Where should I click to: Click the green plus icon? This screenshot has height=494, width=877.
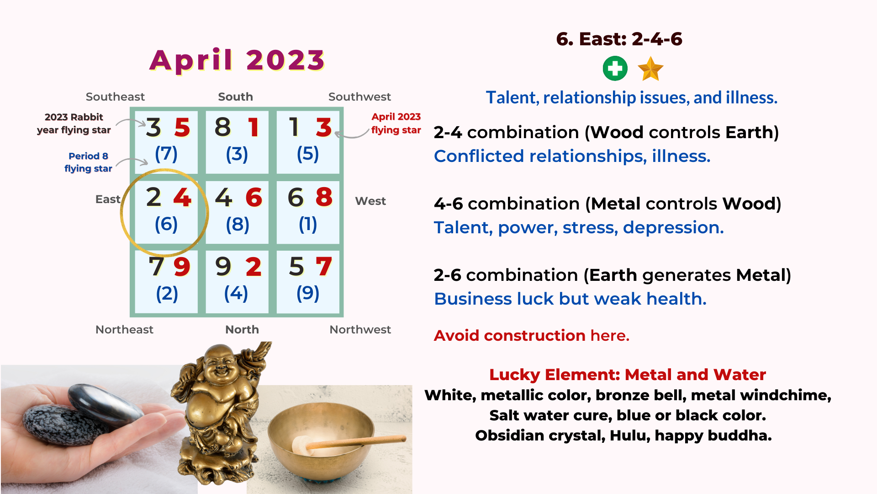pos(615,69)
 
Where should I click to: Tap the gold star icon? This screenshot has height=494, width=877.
pos(650,69)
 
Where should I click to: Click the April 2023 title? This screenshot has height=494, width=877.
pos(237,60)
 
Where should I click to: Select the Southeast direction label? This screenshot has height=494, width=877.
pos(115,97)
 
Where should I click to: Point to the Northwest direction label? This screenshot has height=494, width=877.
pos(360,329)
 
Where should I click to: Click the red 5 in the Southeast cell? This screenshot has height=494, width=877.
pos(182,128)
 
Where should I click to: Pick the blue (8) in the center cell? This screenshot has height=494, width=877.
pos(238,225)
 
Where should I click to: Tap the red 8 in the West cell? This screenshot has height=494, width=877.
pos(324,197)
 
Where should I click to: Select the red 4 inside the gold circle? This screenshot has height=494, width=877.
pos(182,198)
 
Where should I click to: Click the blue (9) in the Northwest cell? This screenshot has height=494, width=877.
pos(308,293)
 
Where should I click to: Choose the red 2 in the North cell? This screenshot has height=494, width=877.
pos(254,267)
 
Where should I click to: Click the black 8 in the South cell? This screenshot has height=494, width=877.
pos(223,127)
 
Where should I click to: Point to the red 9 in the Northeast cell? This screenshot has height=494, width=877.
pos(182,267)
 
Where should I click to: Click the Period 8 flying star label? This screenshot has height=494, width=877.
pos(88,162)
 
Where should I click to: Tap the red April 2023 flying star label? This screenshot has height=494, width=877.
pos(396,123)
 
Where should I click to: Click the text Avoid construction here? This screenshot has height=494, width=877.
pos(532,335)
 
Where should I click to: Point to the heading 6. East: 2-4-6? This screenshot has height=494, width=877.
pos(619,39)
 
